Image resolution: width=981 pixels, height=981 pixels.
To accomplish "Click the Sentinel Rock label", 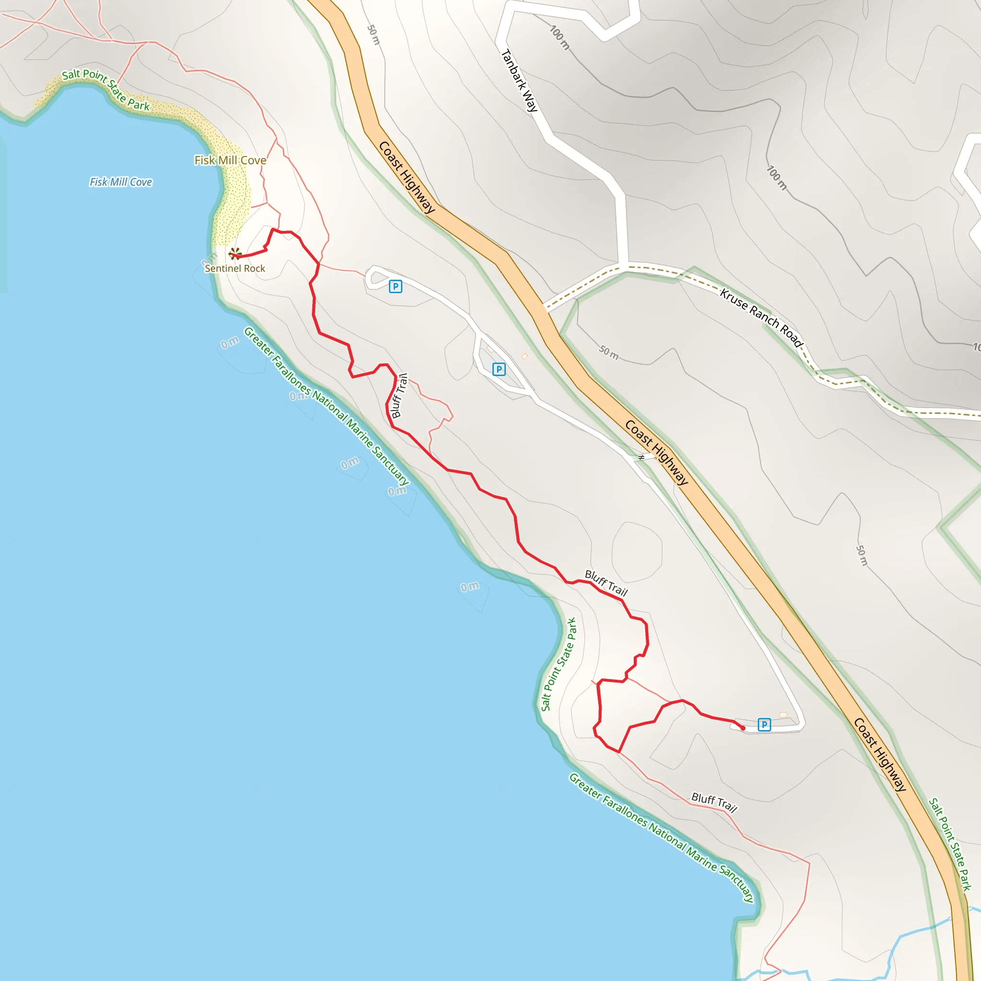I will click(x=235, y=269).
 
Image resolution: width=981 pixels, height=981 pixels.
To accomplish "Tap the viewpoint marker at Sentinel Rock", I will click(x=235, y=253).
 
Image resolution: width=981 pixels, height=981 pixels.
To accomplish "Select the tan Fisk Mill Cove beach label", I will click(x=230, y=160).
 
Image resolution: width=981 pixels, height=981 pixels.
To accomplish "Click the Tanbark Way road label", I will click(x=519, y=80).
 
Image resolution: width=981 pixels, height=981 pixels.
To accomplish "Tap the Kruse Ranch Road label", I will click(x=761, y=318).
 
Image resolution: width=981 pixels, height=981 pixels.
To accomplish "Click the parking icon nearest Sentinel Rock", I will click(x=395, y=287).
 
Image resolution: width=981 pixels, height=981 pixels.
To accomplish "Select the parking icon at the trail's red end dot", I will click(x=764, y=725).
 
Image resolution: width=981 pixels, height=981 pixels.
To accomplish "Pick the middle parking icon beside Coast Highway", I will click(x=499, y=370).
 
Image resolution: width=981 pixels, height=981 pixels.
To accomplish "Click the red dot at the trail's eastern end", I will click(x=743, y=728).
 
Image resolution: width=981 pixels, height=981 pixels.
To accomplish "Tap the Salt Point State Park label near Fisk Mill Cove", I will click(x=105, y=90).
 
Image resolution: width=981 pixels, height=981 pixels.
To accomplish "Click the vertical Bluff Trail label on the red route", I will click(x=400, y=396).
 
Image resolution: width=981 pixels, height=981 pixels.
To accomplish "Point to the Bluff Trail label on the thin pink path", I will click(x=714, y=802).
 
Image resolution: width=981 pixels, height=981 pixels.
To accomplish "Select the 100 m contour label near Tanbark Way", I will click(x=559, y=37).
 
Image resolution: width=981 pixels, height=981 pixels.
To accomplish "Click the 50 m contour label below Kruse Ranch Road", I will click(x=609, y=353).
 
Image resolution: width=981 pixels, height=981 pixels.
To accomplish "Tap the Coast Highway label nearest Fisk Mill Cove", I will click(x=407, y=177).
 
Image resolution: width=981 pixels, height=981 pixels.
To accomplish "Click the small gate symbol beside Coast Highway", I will click(x=641, y=457).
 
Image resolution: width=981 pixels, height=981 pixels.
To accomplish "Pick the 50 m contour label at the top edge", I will click(x=373, y=34).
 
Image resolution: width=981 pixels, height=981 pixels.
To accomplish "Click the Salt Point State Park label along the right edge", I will click(x=950, y=844).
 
